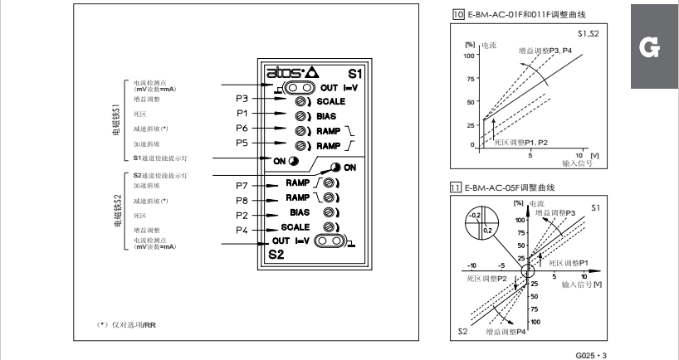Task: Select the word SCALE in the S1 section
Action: click(x=331, y=100)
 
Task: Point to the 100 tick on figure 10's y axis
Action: click(x=467, y=56)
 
